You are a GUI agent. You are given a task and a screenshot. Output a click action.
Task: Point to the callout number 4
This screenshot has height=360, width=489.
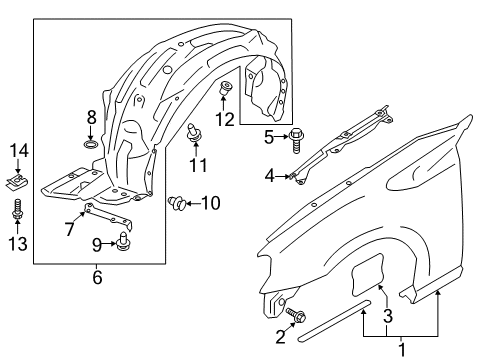click(269, 177)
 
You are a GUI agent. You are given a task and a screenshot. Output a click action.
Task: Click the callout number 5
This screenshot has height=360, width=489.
click(269, 136)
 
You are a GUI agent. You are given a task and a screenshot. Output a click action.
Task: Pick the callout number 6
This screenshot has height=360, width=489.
click(96, 277)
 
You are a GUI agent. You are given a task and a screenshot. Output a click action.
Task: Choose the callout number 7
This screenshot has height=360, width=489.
click(68, 230)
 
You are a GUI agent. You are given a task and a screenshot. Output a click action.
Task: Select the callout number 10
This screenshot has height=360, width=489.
click(210, 204)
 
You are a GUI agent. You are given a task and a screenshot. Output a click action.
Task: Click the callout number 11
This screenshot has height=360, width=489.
click(199, 163)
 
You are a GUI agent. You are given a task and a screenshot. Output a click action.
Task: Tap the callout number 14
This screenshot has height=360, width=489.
click(16, 151)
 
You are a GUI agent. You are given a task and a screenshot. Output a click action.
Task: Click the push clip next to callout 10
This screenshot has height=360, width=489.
click(179, 204)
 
